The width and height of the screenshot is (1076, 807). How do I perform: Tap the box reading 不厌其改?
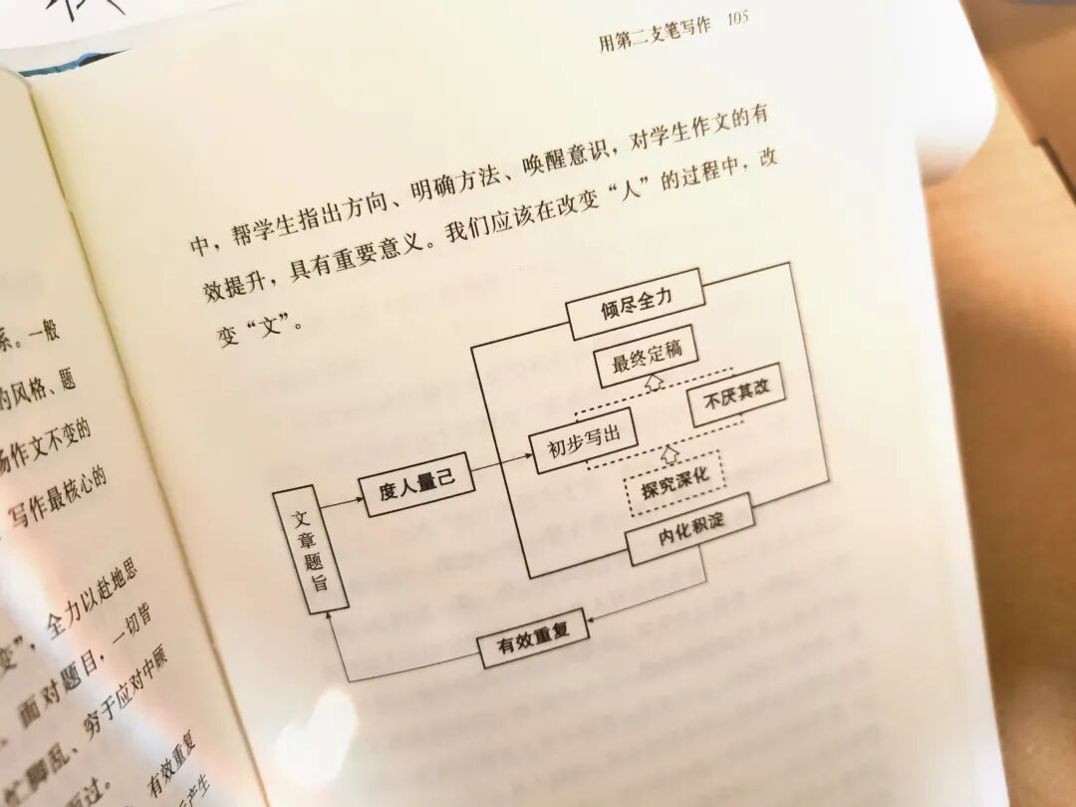pos(735,394)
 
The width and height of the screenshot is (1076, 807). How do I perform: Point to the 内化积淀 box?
pos(690,528)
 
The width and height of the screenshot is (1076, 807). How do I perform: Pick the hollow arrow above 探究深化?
pos(671,453)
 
